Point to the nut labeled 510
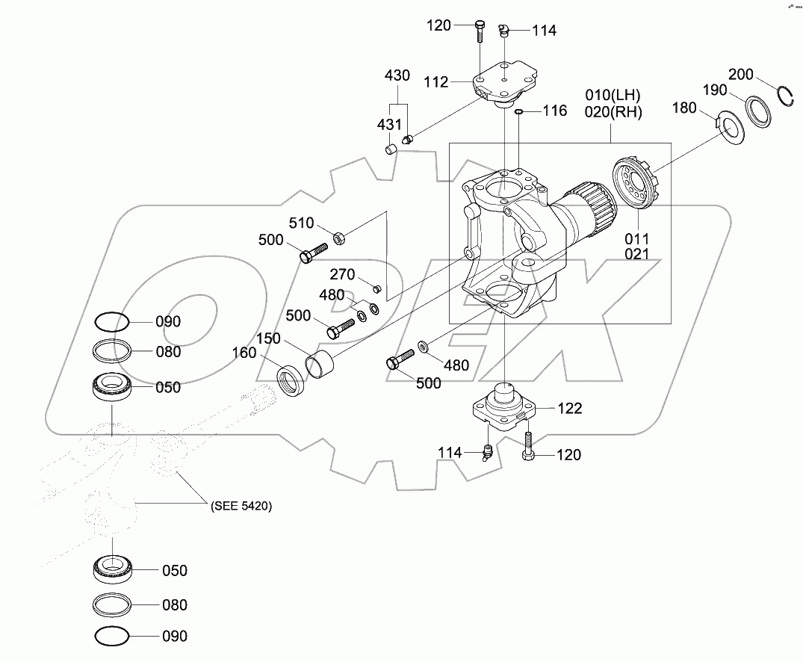coord(337,238)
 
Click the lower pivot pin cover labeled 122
coord(505,408)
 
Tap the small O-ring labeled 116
coord(518,112)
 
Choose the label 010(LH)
coord(613,96)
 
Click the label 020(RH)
coord(613,112)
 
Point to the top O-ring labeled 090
coord(111,323)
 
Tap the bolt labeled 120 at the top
coord(480,33)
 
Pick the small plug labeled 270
coord(376,288)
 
